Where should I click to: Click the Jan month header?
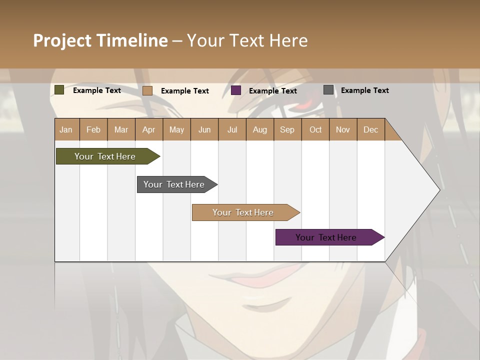coord(66,129)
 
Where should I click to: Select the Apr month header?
coord(149,129)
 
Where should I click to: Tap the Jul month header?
coord(232,129)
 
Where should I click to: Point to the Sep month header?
coord(287,129)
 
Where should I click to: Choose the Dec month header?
coord(371,129)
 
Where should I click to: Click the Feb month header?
coord(93,129)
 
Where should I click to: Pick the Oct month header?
coord(315,129)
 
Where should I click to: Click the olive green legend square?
coord(59,90)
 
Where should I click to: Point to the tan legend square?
coord(147,90)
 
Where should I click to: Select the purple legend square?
coord(236,90)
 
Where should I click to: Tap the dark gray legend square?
coord(328,90)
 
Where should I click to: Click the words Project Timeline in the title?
coord(100,40)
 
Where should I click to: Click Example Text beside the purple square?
coord(273,91)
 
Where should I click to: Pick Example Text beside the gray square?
coord(365,90)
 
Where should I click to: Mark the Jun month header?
coord(204,129)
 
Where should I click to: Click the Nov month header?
coord(343,129)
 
